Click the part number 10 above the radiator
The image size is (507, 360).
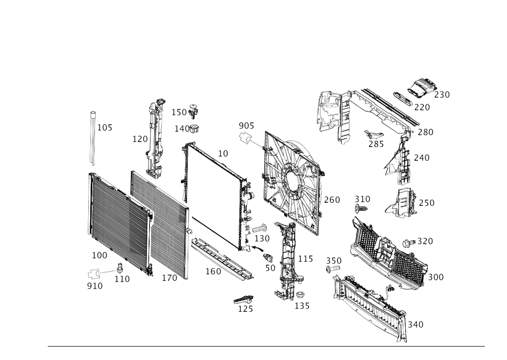point(223,153)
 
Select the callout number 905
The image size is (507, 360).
point(246,125)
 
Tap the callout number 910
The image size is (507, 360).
point(95,286)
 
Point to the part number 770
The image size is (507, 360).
point(421,107)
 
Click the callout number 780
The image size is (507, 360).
point(425,132)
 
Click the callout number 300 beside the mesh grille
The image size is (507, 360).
point(436,277)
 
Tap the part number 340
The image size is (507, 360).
point(415,323)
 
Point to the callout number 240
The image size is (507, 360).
point(422,159)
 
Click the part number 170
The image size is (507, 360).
point(139,138)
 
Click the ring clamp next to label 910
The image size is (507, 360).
point(94,274)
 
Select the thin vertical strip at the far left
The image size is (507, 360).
point(92,137)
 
